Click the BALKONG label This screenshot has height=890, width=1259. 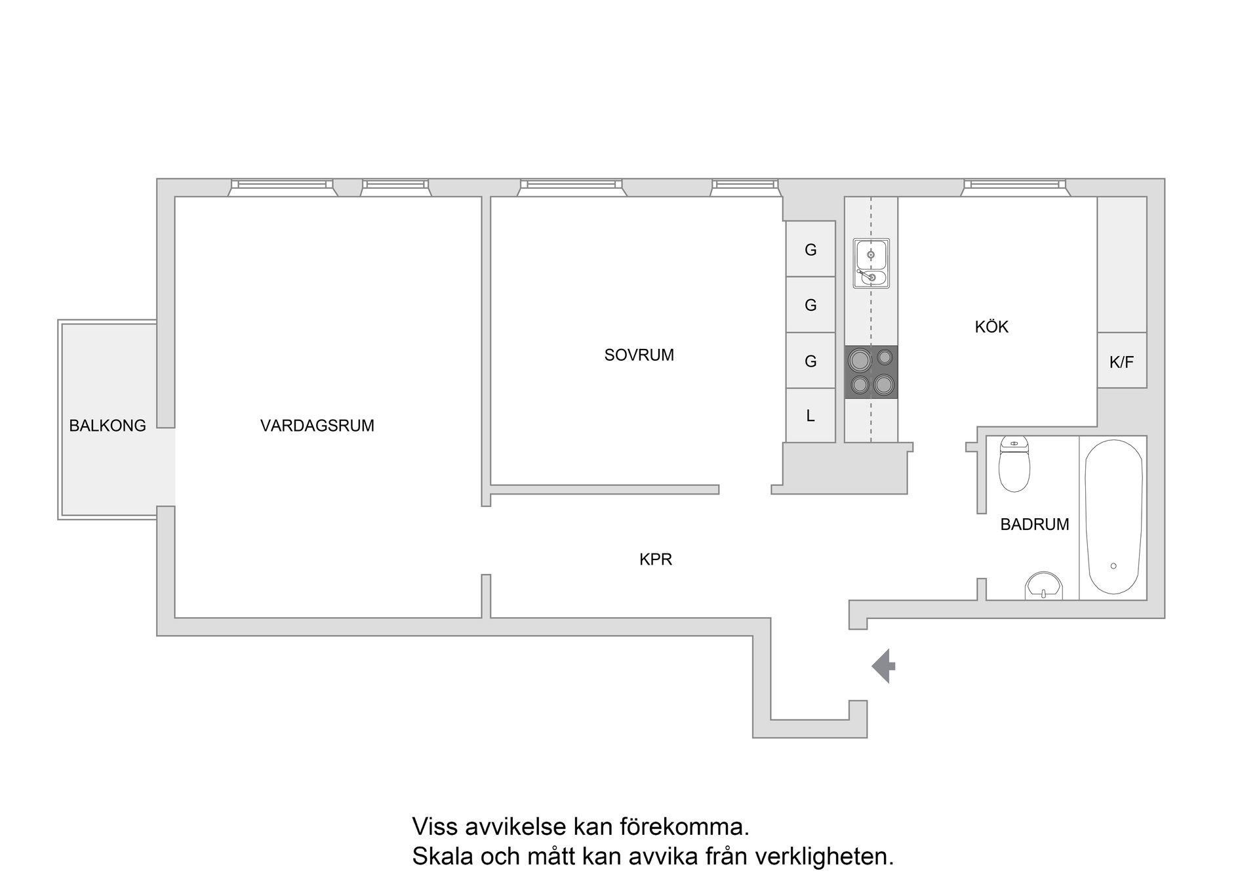point(108,426)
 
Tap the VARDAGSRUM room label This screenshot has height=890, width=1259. point(317,426)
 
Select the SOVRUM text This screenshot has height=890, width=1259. point(639,355)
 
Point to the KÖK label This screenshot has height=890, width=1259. point(991,327)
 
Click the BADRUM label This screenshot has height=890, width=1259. point(1034,524)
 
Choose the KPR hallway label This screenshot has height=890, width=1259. point(656,559)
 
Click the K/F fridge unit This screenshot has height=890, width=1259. point(1121,361)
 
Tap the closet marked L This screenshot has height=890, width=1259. point(810,416)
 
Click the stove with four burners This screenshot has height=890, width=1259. point(871,372)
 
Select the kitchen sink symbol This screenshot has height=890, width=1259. point(871,263)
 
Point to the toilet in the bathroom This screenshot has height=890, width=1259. point(1014,464)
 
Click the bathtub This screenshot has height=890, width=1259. point(1113,517)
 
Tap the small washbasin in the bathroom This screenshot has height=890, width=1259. point(1043,586)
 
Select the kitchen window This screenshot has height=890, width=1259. point(1014,187)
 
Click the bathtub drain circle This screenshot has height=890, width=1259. point(1113,566)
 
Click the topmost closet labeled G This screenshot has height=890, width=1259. point(810,250)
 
